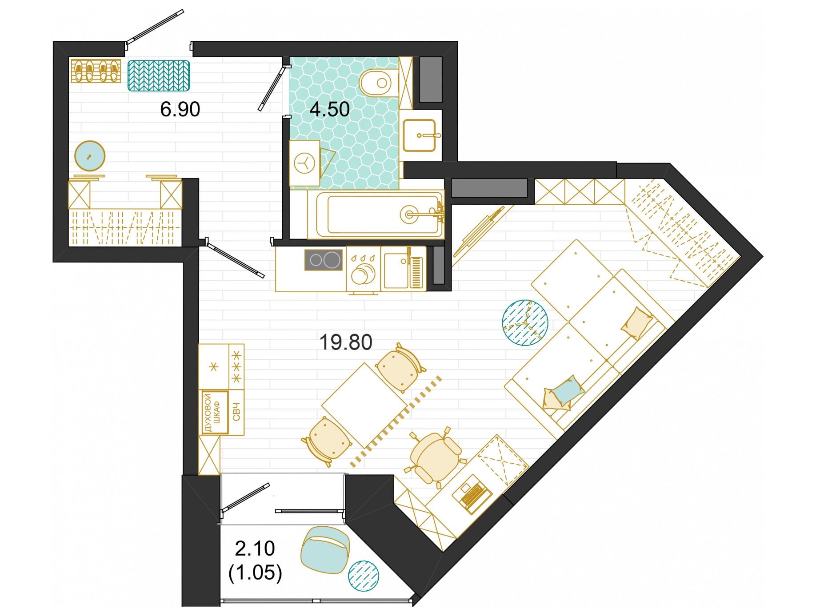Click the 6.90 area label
click(x=180, y=109)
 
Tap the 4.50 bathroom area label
click(x=330, y=109)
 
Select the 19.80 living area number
click(x=346, y=342)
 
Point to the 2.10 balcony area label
click(x=255, y=549)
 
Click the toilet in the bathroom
click(x=376, y=82)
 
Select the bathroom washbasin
click(x=419, y=135)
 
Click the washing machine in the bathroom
click(x=304, y=163)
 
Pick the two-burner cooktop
click(x=324, y=260)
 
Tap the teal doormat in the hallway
click(x=159, y=76)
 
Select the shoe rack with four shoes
click(x=96, y=71)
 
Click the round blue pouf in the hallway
click(x=90, y=156)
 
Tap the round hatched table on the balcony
click(x=364, y=576)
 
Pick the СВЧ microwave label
click(x=236, y=412)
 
